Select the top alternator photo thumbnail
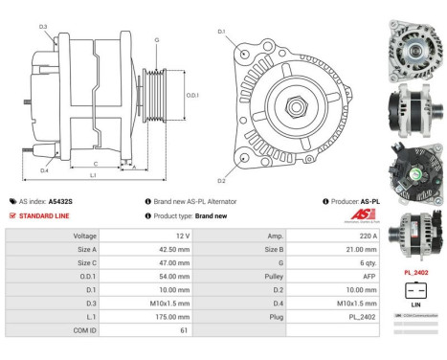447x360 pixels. (x=413, y=46)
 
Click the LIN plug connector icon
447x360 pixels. (x=413, y=291)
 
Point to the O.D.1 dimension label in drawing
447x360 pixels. (x=191, y=95)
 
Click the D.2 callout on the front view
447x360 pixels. (x=221, y=180)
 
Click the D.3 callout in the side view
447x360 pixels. (x=43, y=27)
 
